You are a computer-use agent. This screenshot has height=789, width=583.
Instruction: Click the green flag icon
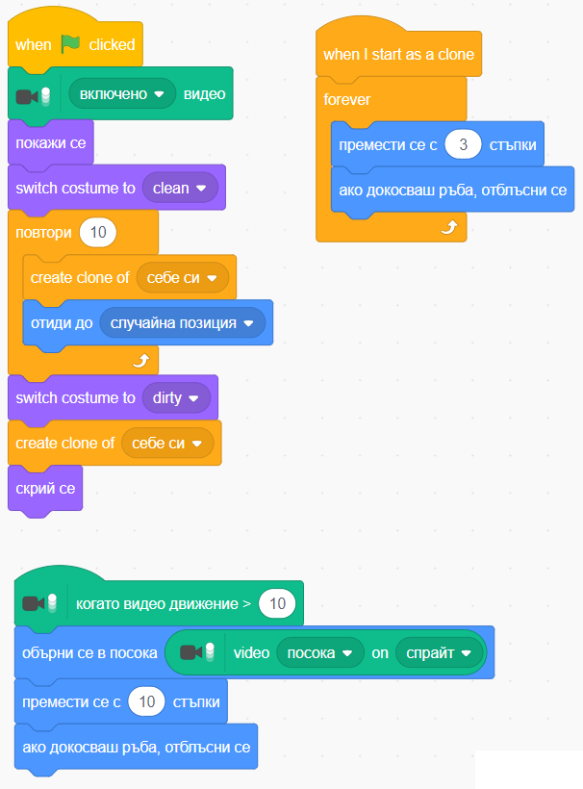(x=71, y=44)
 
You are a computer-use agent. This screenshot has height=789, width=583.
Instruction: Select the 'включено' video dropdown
(x=120, y=94)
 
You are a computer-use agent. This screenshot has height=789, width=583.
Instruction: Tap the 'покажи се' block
(x=50, y=143)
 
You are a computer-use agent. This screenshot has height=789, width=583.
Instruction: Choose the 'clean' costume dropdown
(x=180, y=188)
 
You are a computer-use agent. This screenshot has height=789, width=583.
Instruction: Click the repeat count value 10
(x=98, y=233)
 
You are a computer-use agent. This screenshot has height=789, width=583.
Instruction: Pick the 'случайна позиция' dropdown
(x=182, y=323)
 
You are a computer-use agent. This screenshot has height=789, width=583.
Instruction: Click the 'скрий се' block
(x=45, y=488)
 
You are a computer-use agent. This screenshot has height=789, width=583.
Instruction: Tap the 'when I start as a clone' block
(x=398, y=55)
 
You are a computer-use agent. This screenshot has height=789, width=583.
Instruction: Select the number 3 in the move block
(x=463, y=144)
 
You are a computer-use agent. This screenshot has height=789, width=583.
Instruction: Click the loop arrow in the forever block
(x=447, y=227)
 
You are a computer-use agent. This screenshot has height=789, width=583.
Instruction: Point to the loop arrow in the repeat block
(x=140, y=360)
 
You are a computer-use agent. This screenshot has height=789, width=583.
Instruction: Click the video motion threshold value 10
(x=277, y=604)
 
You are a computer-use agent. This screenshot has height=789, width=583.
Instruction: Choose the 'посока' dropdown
(x=319, y=652)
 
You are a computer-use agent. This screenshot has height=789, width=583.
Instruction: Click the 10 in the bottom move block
(x=147, y=701)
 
